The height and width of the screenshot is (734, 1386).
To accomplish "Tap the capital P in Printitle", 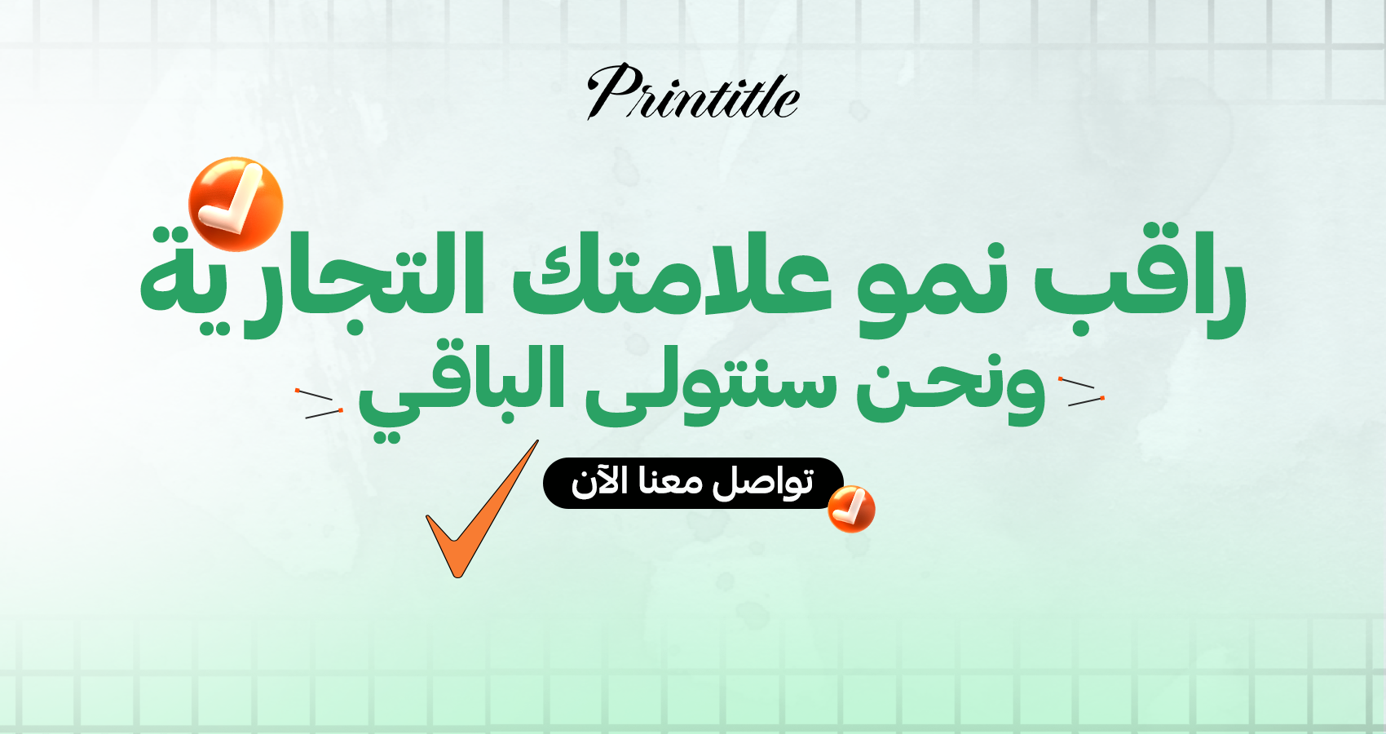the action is point(616,91).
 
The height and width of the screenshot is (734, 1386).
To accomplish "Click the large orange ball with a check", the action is point(236,204).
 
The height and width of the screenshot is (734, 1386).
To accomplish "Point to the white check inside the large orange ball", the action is point(232,199).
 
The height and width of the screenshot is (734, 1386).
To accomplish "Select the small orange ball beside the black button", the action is point(851,510).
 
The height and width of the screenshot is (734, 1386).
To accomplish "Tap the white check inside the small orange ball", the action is point(849,507).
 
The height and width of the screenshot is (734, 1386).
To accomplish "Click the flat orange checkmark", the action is point(481,510).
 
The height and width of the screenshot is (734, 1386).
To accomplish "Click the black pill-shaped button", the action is point(693,484).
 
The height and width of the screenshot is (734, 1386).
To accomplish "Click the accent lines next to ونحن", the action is point(1082,391).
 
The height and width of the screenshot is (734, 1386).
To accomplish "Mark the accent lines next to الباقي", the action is point(320,404).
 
